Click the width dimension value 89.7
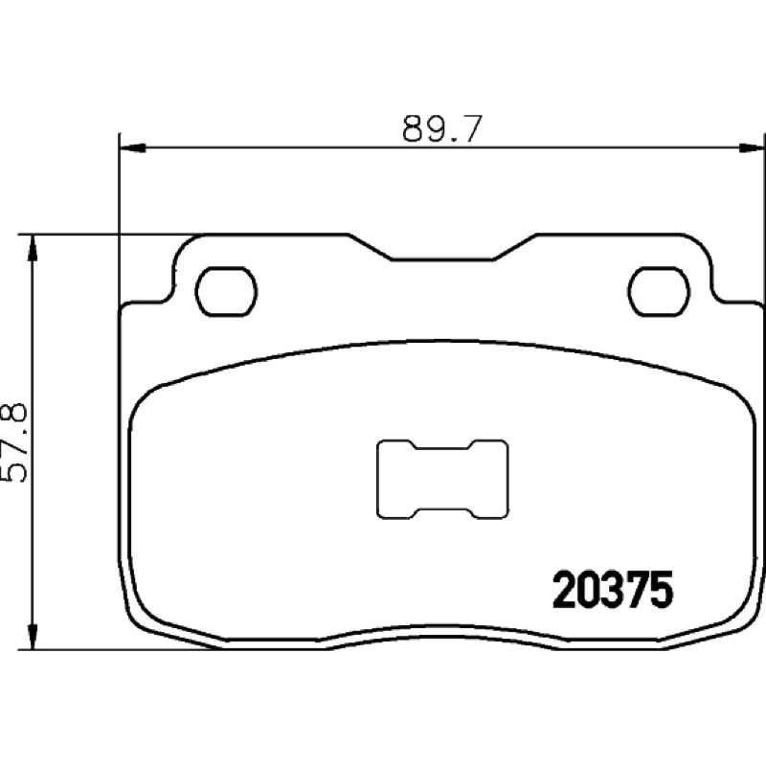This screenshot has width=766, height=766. coord(442,129)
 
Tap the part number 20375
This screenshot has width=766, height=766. coord(613,591)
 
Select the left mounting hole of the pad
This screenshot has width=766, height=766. coord(226,292)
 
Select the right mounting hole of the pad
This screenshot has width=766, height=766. coord(660,292)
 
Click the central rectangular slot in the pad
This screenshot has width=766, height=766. coord(442,479)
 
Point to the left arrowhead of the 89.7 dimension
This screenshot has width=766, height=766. coord(133,147)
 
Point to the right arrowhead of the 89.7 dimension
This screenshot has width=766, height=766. coord(752,147)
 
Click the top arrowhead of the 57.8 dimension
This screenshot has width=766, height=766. coord(33,249)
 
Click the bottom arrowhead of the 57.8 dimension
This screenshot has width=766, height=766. coord(33,636)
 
